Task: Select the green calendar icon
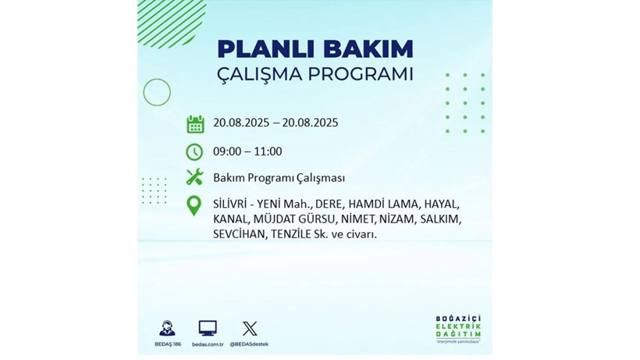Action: (195, 123)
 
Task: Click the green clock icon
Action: (195, 151)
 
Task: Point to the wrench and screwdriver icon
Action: (195, 177)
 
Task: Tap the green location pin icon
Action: (194, 205)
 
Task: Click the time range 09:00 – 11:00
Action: (247, 151)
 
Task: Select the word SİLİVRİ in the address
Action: (233, 203)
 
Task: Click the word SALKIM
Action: (439, 218)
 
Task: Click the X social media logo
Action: (250, 328)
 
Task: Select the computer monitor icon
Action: (208, 328)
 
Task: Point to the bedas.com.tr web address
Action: (208, 344)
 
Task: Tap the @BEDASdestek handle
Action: (250, 344)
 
